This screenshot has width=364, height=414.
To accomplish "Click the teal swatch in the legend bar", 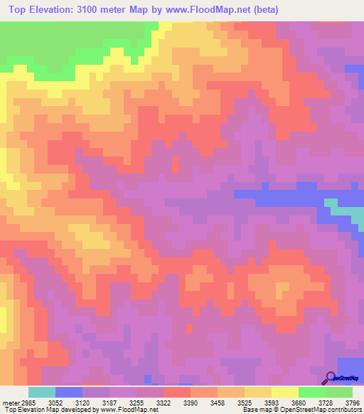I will [x=41, y=392].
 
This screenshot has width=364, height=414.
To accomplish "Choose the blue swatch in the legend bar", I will [x=69, y=392].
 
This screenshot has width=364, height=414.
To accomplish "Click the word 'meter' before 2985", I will [x=9, y=402].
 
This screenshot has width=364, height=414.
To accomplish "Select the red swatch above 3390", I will [x=177, y=392].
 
